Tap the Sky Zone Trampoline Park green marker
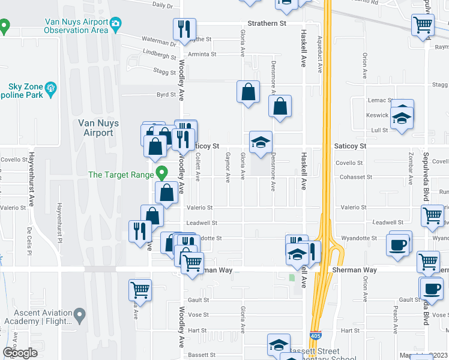click(x=51, y=90)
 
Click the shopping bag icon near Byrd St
click(x=248, y=92)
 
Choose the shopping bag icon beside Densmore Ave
click(x=280, y=107)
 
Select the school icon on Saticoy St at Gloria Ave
click(x=261, y=143)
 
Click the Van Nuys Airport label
click(x=99, y=128)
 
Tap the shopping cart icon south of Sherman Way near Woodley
click(x=140, y=290)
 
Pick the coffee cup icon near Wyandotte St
click(x=399, y=244)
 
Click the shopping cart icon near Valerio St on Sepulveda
click(x=432, y=216)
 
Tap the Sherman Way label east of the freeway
click(x=355, y=270)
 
